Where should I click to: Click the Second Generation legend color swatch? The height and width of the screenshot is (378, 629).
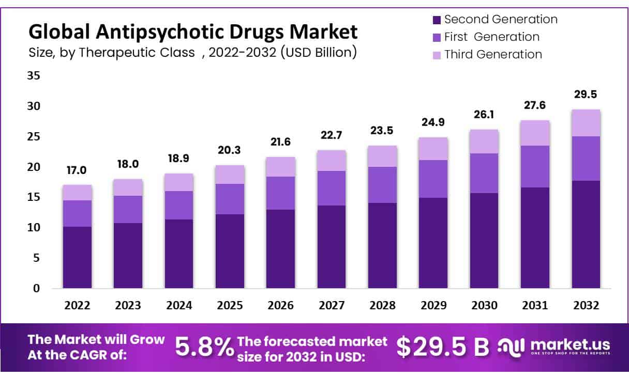coord(436,20)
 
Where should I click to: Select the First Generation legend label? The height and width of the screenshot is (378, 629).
coord(491,37)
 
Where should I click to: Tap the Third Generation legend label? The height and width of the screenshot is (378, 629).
coord(493,54)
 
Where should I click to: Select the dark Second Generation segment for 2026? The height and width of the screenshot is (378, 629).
coord(280,249)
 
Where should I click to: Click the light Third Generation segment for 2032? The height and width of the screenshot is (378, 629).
coord(586,123)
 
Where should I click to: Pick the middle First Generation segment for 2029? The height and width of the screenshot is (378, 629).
coord(433,179)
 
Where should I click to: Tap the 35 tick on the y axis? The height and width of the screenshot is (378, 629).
coord(33,76)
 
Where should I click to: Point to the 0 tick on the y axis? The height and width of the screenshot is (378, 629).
coord(36,289)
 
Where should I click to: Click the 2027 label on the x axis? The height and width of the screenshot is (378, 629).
coord(332,306)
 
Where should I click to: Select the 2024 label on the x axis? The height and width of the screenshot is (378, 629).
coord(178,306)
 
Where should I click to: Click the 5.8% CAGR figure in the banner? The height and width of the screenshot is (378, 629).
coord(204,347)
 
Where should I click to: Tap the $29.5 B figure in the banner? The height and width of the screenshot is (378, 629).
coord(442,347)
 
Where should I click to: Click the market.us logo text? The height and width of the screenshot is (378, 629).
coord(570,344)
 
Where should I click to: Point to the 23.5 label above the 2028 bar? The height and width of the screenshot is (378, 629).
coord(382,131)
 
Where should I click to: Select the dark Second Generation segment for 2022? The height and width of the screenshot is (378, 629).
coord(77,257)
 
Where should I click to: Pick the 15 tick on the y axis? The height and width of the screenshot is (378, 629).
coord(33,197)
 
